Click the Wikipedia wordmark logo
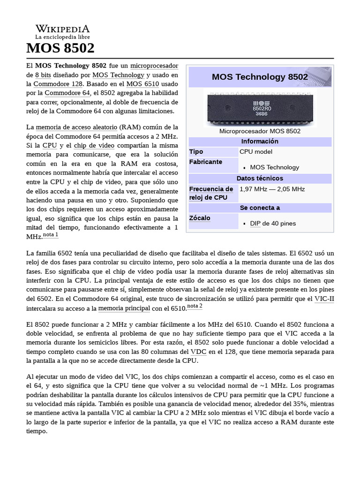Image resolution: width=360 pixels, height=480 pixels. click(62, 29)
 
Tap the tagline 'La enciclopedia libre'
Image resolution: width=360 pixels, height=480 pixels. click(62, 37)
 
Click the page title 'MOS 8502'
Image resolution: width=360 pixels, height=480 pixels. click(60, 48)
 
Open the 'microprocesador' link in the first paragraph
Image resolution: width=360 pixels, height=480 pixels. click(154, 65)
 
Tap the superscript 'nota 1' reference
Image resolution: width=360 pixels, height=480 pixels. click(51, 235)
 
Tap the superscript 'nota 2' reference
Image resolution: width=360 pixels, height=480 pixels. click(195, 306)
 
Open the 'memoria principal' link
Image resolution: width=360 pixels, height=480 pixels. click(124, 308)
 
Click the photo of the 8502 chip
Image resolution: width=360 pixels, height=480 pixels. click(260, 108)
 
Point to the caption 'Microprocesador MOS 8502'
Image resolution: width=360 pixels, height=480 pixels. click(260, 131)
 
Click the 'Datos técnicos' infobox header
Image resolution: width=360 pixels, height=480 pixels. click(260, 178)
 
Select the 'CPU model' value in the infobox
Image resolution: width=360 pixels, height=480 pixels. click(256, 152)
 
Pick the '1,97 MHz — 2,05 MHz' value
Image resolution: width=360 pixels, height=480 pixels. click(272, 189)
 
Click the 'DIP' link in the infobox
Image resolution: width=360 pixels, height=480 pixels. click(255, 224)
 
